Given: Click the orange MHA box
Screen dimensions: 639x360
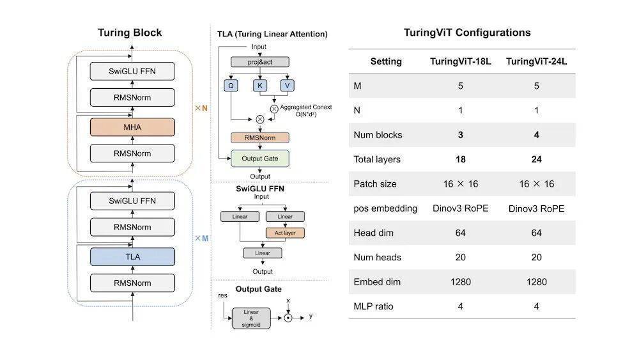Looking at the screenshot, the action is pyautogui.click(x=132, y=127).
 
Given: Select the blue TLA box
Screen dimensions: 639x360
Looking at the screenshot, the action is pyautogui.click(x=132, y=257).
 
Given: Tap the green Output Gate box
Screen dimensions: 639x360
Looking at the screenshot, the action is pyautogui.click(x=260, y=159).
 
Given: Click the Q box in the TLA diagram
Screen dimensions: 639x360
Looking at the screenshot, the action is pyautogui.click(x=231, y=86).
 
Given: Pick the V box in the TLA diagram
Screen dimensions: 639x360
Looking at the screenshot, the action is pyautogui.click(x=288, y=86).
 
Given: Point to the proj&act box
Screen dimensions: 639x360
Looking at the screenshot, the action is pyautogui.click(x=260, y=62).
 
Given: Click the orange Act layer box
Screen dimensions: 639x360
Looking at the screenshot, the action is pyautogui.click(x=285, y=233).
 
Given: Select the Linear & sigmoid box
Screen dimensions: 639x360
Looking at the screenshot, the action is pyautogui.click(x=251, y=318).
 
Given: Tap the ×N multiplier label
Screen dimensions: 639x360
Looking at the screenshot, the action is pyautogui.click(x=201, y=108).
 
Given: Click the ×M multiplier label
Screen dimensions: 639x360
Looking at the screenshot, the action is pyautogui.click(x=201, y=238).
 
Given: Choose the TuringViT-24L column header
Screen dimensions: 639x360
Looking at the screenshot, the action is pyautogui.click(x=536, y=61).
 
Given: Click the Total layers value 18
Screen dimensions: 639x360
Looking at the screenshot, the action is pyautogui.click(x=461, y=159).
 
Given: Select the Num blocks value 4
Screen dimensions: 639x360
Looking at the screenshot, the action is pyautogui.click(x=536, y=135).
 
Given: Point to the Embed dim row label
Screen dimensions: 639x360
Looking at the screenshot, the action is pyautogui.click(x=377, y=282).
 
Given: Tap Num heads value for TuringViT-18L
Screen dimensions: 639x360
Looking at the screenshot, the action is pyautogui.click(x=461, y=257).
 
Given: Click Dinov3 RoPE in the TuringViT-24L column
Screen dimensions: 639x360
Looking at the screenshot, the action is pyautogui.click(x=536, y=208).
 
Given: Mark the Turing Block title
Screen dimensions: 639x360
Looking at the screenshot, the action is pyautogui.click(x=130, y=33).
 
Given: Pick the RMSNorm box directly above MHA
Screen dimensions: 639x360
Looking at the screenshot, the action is pyautogui.click(x=132, y=97).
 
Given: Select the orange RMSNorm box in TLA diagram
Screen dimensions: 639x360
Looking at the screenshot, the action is pyautogui.click(x=260, y=138).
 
